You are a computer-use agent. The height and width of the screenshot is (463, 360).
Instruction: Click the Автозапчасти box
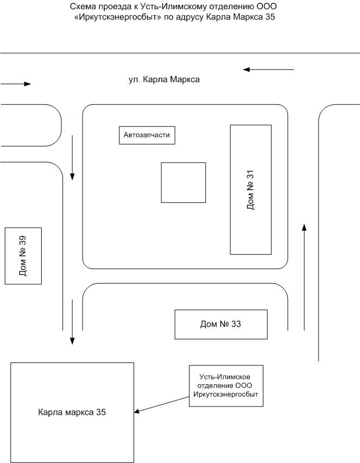pyautogui.click(x=147, y=135)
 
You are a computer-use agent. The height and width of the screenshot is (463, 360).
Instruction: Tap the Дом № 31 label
pyautogui.click(x=250, y=190)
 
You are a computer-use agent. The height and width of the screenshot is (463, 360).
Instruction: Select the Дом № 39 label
pyautogui.click(x=23, y=256)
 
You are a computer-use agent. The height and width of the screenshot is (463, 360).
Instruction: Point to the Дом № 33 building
pyautogui.click(x=221, y=324)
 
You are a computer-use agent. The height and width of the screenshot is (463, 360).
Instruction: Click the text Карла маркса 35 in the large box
pyautogui.click(x=72, y=412)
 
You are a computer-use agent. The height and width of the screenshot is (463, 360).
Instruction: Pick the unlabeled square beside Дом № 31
pyautogui.click(x=183, y=183)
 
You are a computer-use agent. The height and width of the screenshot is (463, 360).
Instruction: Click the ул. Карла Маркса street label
pyautogui.click(x=164, y=79)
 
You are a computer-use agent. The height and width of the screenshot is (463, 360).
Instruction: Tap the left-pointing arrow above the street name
pyautogui.click(x=269, y=70)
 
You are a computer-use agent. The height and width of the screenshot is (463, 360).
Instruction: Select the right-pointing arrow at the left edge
pyautogui.click(x=16, y=84)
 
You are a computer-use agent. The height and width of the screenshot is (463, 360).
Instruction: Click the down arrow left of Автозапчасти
pyautogui.click(x=72, y=158)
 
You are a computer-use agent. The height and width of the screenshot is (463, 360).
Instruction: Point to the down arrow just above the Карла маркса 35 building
pyautogui.click(x=72, y=322)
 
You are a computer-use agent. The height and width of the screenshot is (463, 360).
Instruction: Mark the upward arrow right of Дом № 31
pyautogui.click(x=304, y=277)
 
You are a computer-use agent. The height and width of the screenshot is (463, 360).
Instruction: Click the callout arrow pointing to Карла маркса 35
pyautogui.click(x=161, y=404)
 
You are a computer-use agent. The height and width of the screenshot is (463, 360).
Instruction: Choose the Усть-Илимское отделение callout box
pyautogui.click(x=226, y=386)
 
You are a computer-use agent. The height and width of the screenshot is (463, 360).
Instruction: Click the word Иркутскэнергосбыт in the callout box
pyautogui.click(x=226, y=395)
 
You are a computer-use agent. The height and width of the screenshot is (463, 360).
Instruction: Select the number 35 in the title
pyautogui.click(x=270, y=17)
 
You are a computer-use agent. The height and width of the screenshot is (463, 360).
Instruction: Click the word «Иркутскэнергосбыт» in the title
pyautogui.click(x=118, y=17)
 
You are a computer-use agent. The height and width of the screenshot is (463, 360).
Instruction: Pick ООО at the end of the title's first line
pyautogui.click(x=267, y=6)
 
